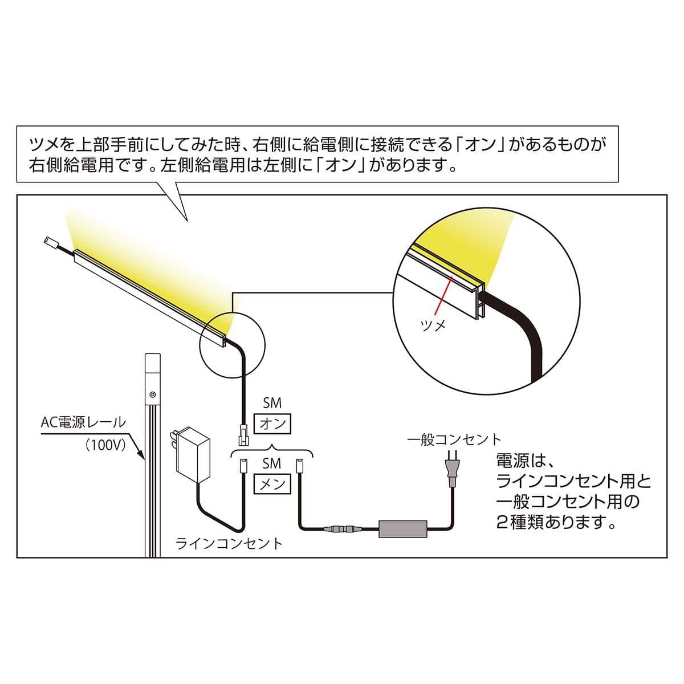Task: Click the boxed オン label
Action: coord(272,424)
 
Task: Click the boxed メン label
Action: coord(272,484)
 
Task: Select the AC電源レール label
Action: coord(84,422)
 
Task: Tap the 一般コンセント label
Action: coord(454,439)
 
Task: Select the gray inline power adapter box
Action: coord(403,528)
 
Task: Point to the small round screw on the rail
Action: coord(153,394)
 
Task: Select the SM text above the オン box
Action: coord(272,403)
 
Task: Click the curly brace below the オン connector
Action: coord(272,450)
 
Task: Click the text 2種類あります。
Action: coord(556,522)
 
